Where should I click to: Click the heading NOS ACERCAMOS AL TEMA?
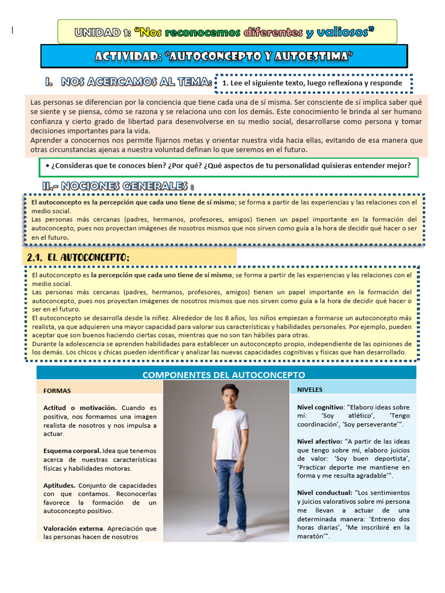(x=136, y=83)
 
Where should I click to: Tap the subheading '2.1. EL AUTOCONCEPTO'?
(x=78, y=257)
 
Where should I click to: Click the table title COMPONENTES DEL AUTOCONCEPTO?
(x=224, y=375)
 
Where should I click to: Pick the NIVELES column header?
(x=310, y=389)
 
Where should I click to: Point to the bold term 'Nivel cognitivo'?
(x=320, y=407)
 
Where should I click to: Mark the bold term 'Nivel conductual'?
(x=323, y=492)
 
